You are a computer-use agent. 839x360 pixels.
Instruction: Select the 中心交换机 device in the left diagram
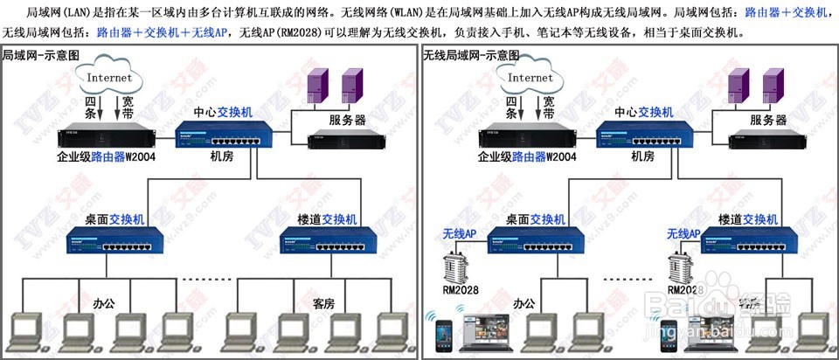(x=225, y=135)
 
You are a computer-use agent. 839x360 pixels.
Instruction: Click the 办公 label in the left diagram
(x=105, y=303)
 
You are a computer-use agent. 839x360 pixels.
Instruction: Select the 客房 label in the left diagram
(x=324, y=303)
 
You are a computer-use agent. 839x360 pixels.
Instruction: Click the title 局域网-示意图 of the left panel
(x=40, y=55)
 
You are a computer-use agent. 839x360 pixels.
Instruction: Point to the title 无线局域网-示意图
(x=468, y=55)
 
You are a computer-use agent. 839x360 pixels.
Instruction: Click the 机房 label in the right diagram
(x=642, y=156)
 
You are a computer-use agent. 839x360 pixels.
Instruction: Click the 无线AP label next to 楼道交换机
(x=683, y=234)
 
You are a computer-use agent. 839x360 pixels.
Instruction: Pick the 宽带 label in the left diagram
(x=128, y=107)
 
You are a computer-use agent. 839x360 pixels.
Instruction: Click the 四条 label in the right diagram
(x=513, y=107)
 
